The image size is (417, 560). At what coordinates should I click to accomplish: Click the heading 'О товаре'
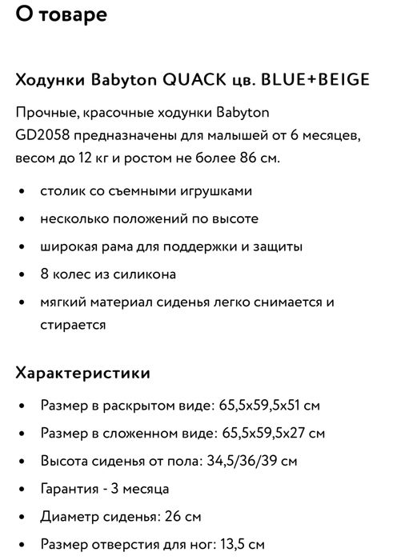61,14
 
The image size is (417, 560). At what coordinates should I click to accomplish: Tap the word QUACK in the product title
194,80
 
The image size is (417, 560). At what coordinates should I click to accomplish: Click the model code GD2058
41,134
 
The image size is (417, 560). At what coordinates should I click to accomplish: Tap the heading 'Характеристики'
82,373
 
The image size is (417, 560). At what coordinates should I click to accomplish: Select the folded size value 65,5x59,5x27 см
272,434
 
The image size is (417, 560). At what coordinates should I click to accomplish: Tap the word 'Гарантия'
72,488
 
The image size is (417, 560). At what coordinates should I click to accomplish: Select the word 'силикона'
146,274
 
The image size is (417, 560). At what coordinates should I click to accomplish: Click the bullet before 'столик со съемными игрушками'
21,191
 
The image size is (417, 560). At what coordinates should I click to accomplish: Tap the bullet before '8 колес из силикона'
21,274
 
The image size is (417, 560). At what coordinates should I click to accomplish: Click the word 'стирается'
73,325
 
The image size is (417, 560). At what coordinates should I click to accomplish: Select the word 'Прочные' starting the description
43,111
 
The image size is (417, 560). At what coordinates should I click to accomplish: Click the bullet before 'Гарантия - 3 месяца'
21,488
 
